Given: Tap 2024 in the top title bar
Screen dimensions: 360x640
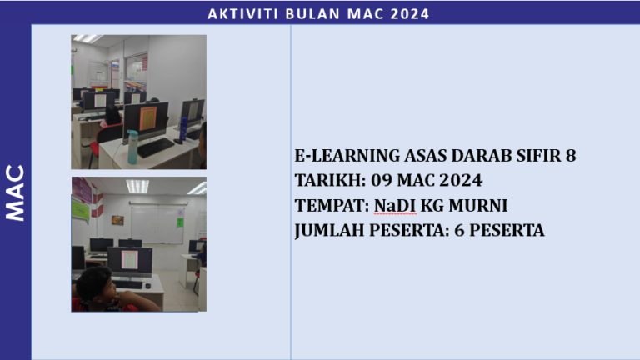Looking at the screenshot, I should pos(408,13).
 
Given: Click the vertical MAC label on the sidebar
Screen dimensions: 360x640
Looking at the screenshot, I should pos(15,192).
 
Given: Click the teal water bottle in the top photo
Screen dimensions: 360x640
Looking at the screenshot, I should pos(132,146).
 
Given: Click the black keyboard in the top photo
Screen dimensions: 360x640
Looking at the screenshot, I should pos(157,147).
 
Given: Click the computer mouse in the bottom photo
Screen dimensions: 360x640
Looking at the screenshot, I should pos(147,286).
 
